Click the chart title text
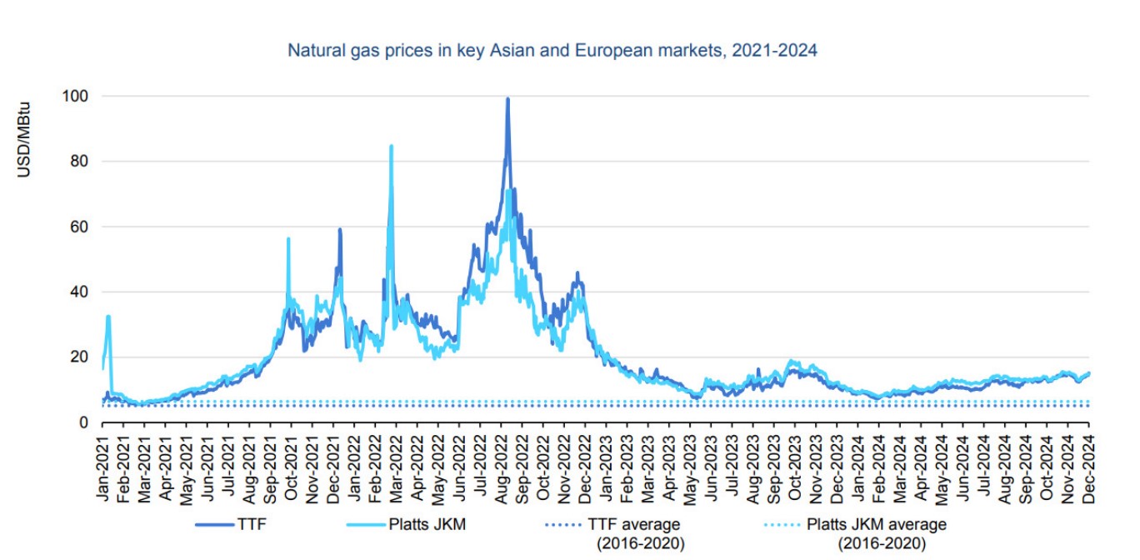[x=552, y=51]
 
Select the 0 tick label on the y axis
[x=83, y=422]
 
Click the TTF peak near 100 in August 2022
[x=507, y=99]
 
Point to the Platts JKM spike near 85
[x=391, y=147]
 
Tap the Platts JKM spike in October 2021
[x=288, y=239]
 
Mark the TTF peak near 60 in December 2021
[x=340, y=229]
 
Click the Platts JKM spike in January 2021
[x=108, y=317]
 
